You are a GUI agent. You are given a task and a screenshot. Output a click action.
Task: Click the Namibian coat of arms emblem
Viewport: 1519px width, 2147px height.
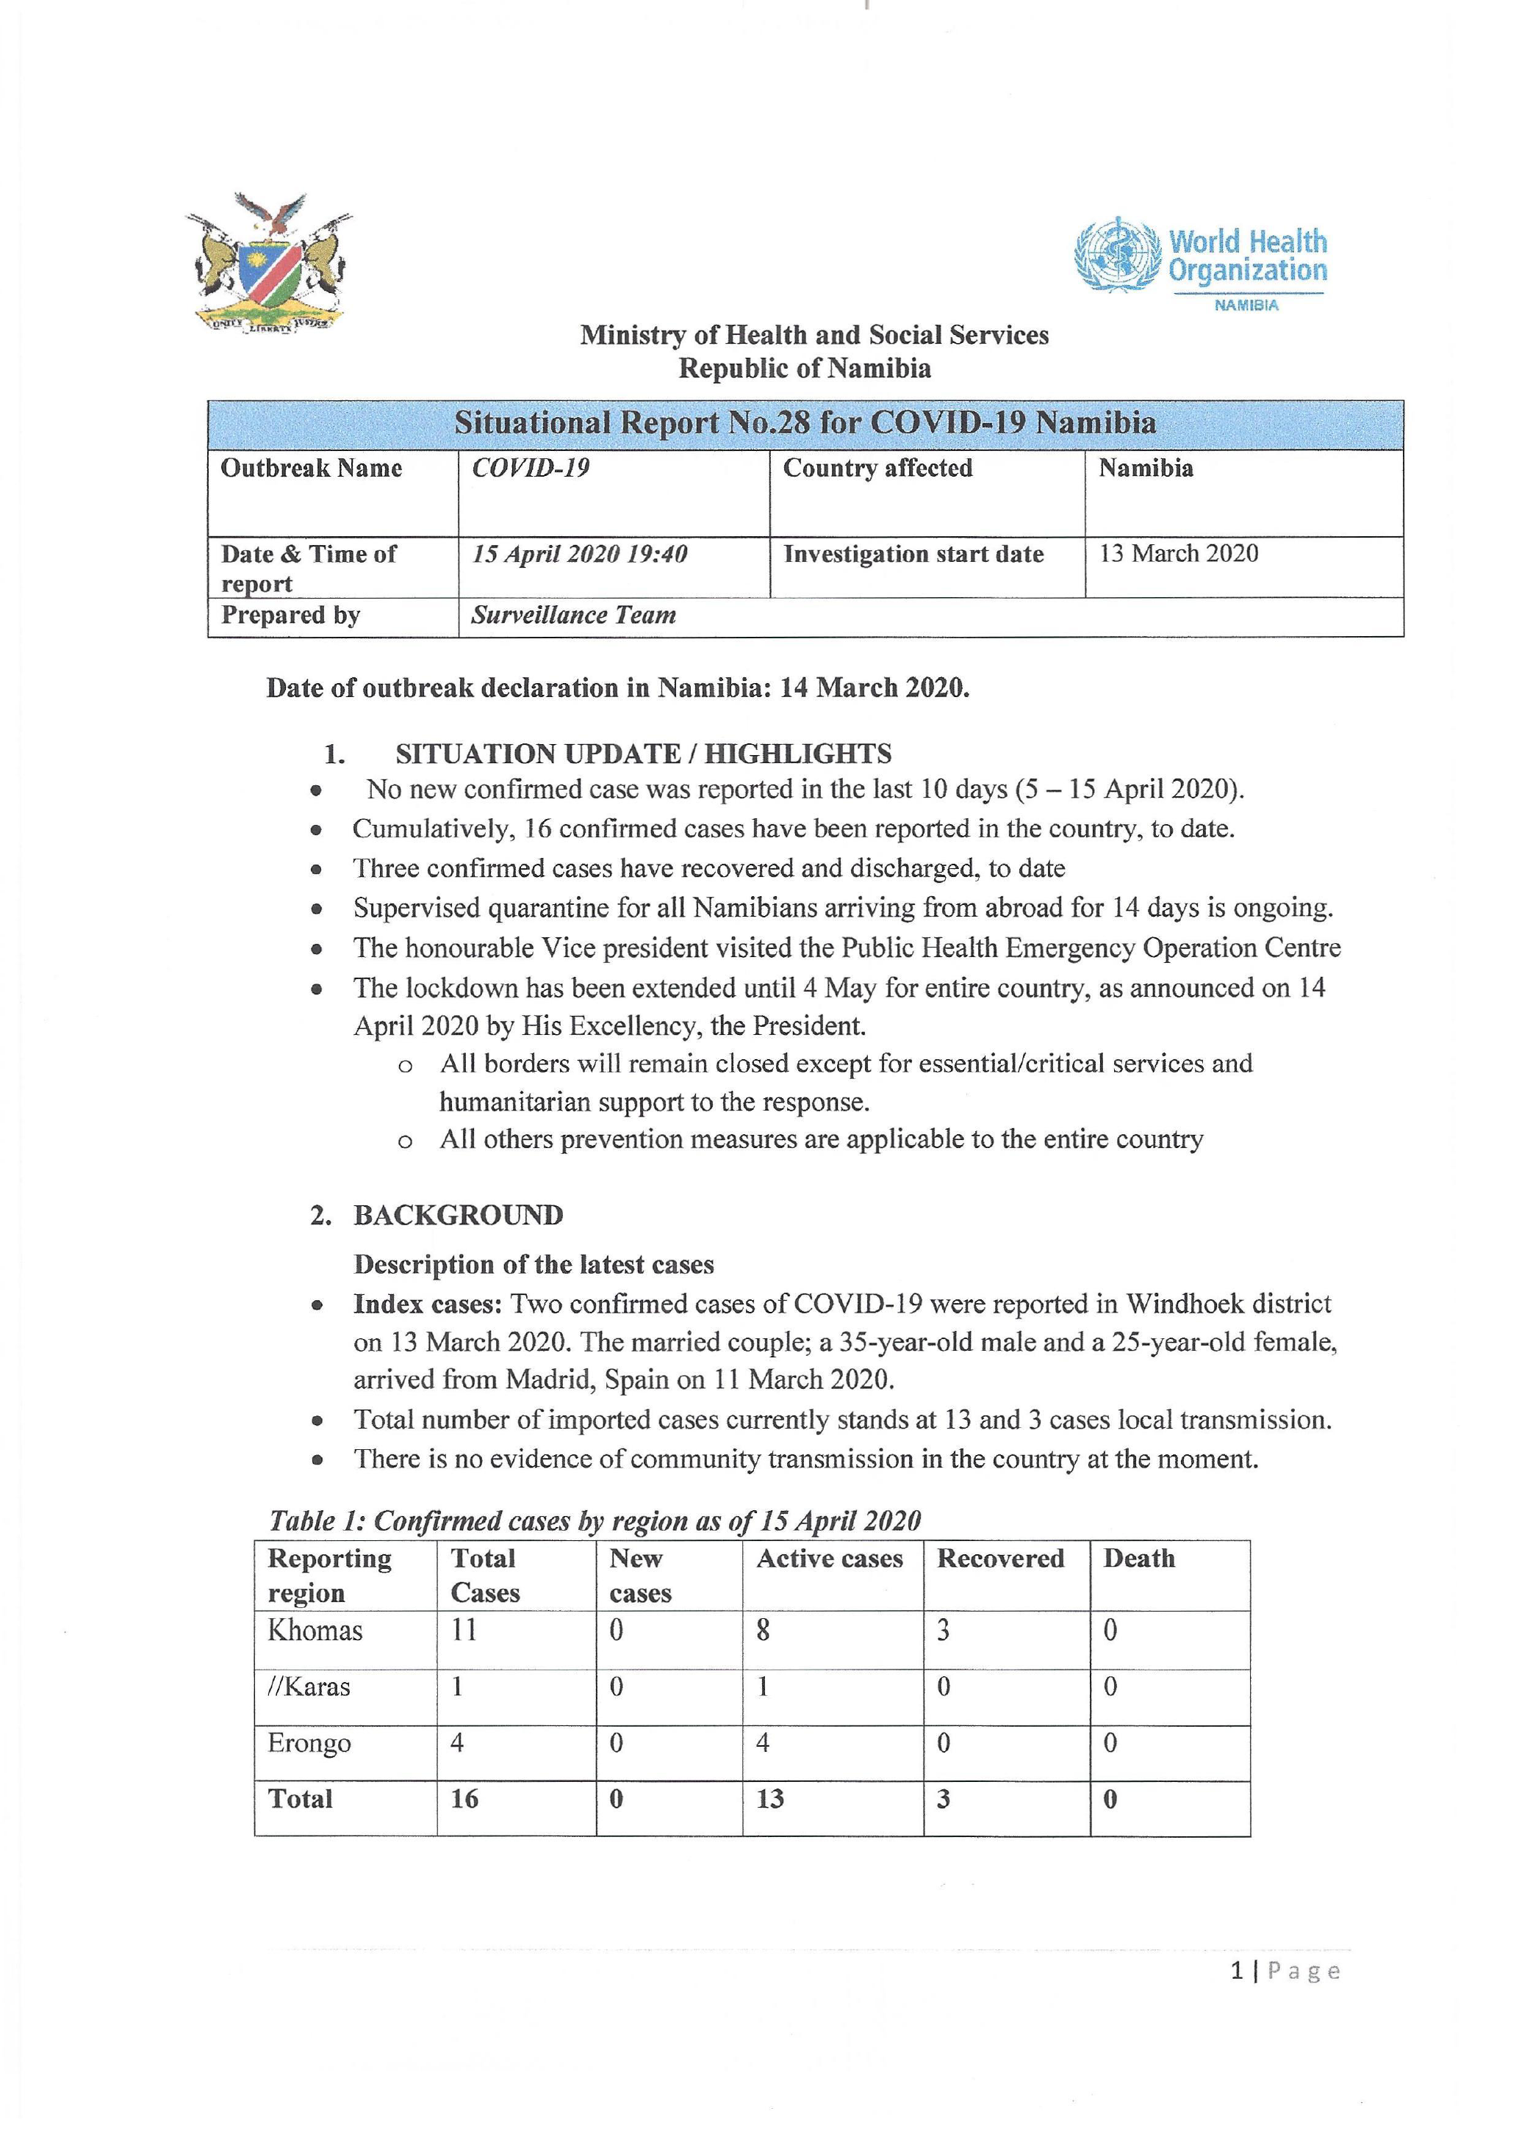pyautogui.click(x=268, y=264)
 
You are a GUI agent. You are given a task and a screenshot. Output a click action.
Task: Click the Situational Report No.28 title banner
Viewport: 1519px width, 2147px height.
pyautogui.click(x=805, y=424)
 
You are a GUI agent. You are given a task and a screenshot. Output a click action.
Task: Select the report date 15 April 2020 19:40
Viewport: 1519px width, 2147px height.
pyautogui.click(x=579, y=555)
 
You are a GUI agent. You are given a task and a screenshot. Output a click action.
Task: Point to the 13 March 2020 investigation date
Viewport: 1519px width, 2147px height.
pyautogui.click(x=1179, y=554)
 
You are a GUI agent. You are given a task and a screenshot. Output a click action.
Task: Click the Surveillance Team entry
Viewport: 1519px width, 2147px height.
pyautogui.click(x=572, y=616)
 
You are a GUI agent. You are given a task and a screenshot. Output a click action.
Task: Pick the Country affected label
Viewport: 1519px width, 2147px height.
pyautogui.click(x=877, y=468)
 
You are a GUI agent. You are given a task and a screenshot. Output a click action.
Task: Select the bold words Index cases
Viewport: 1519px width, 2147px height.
pyautogui.click(x=428, y=1304)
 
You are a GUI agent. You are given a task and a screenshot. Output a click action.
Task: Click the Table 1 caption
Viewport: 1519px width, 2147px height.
pyautogui.click(x=595, y=1520)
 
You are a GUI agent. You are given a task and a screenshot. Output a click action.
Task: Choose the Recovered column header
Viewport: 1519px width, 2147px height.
pyautogui.click(x=1000, y=1559)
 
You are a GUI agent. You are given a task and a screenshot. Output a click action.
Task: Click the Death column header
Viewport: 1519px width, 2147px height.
pyautogui.click(x=1138, y=1559)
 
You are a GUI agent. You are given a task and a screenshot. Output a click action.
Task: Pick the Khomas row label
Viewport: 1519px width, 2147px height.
pyautogui.click(x=315, y=1631)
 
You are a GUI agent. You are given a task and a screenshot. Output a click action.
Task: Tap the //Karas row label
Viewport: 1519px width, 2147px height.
pyautogui.click(x=309, y=1687)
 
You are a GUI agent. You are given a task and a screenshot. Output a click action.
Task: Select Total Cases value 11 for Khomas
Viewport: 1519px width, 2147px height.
pyautogui.click(x=464, y=1631)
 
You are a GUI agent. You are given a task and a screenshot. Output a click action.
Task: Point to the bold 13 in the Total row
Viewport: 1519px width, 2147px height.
pyautogui.click(x=770, y=1799)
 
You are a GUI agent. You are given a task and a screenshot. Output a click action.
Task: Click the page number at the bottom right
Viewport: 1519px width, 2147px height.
pyautogui.click(x=1285, y=1971)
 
